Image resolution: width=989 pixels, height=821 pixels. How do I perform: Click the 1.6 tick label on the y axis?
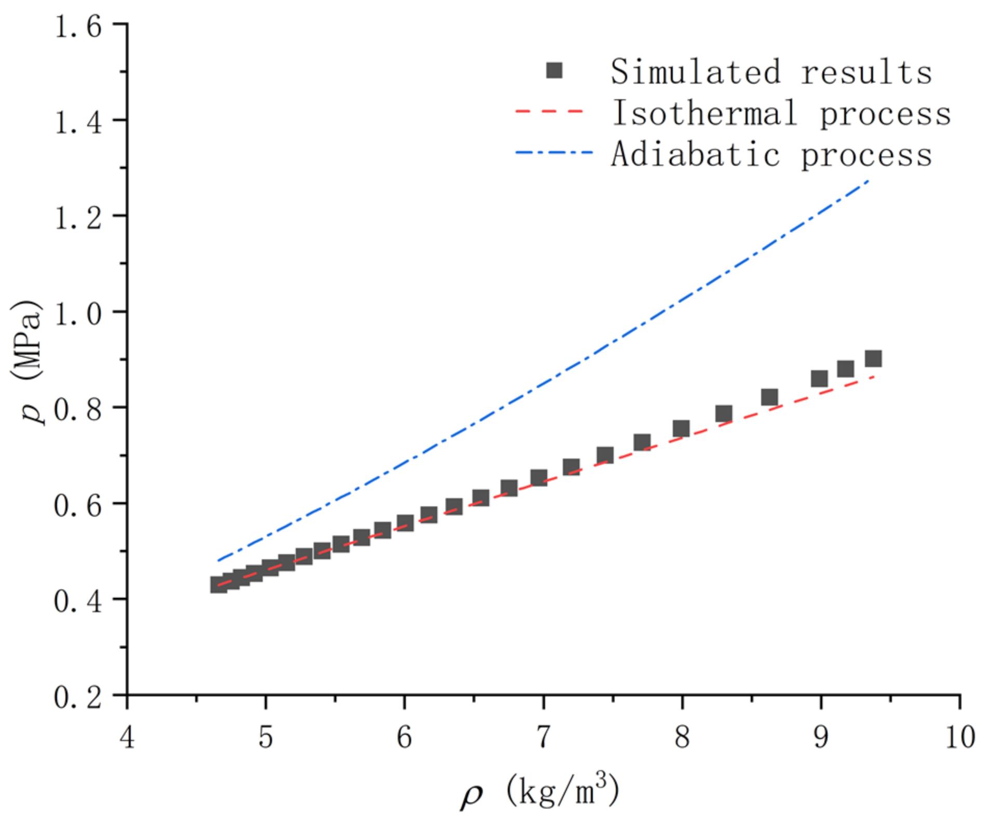[x=78, y=26]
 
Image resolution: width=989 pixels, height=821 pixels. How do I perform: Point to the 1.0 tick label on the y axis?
[x=78, y=314]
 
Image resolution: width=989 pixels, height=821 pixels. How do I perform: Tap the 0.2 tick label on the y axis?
[x=78, y=697]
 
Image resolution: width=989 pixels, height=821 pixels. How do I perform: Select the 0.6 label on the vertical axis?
[x=78, y=505]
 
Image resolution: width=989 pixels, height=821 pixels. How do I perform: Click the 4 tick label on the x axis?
[x=127, y=736]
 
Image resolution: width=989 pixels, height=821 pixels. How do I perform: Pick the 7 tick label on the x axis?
[x=543, y=736]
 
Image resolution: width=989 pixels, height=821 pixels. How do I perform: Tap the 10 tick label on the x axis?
[x=959, y=736]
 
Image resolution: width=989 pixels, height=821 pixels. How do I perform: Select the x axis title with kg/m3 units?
[x=540, y=790]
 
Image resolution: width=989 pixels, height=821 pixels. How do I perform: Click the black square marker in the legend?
[x=554, y=71]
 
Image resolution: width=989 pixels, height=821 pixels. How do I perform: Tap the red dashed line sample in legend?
[x=549, y=112]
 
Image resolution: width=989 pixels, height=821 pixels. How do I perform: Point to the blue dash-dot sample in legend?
[x=553, y=153]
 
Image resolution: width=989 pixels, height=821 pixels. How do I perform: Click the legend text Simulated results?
[x=770, y=72]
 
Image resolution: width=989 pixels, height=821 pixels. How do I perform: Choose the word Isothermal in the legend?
[x=705, y=113]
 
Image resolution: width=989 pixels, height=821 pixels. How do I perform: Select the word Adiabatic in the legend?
[x=695, y=155]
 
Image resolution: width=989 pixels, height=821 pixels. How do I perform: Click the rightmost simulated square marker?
[x=873, y=358]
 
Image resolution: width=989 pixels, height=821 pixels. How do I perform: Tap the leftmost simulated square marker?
[x=219, y=585]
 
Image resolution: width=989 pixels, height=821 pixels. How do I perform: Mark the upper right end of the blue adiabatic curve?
[x=869, y=180]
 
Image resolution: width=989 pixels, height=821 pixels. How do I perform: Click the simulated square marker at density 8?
[x=681, y=428]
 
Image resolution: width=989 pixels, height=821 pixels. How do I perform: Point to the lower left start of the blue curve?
[x=219, y=560]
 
